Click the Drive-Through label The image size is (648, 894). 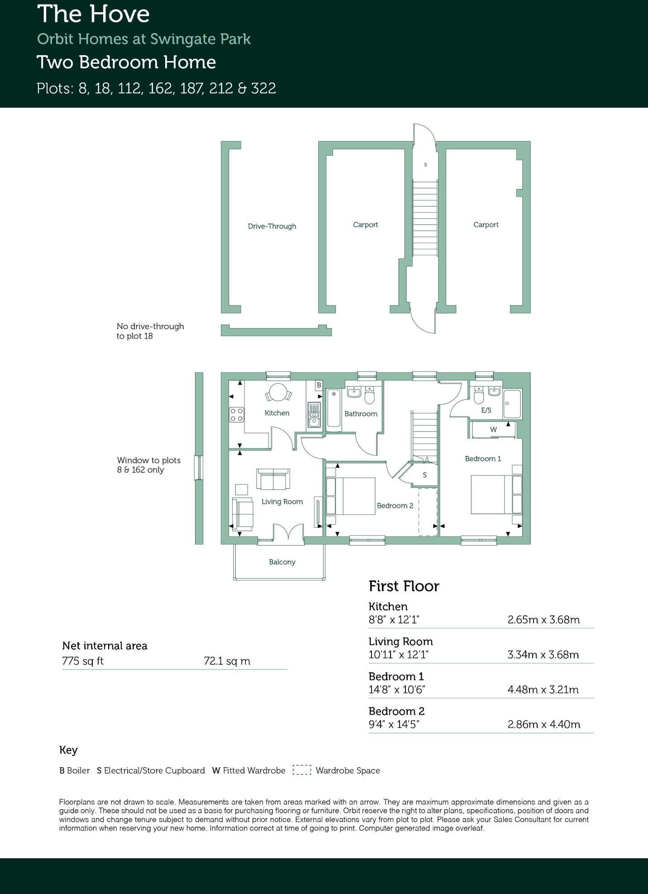tap(272, 226)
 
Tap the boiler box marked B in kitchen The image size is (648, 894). tap(319, 385)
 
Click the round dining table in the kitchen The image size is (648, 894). tap(278, 392)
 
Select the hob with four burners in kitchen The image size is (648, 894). tap(237, 414)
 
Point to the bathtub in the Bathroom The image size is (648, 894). tap(334, 408)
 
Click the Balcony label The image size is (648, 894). tap(282, 562)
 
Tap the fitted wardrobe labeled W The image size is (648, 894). tap(493, 429)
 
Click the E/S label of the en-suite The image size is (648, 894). tap(486, 410)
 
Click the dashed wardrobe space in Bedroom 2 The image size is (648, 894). tap(428, 511)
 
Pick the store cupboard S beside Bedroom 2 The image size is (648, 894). tap(424, 475)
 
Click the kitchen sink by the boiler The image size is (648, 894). tap(314, 415)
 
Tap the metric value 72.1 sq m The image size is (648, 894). tap(227, 661)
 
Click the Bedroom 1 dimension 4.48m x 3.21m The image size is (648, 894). tap(543, 690)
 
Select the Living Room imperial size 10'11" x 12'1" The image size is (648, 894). tap(398, 655)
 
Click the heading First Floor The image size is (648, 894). tap(404, 586)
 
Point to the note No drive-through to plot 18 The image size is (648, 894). tap(150, 331)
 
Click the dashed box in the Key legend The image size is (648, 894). tap(302, 770)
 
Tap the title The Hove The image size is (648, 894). tap(93, 14)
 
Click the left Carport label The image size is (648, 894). tap(365, 225)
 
